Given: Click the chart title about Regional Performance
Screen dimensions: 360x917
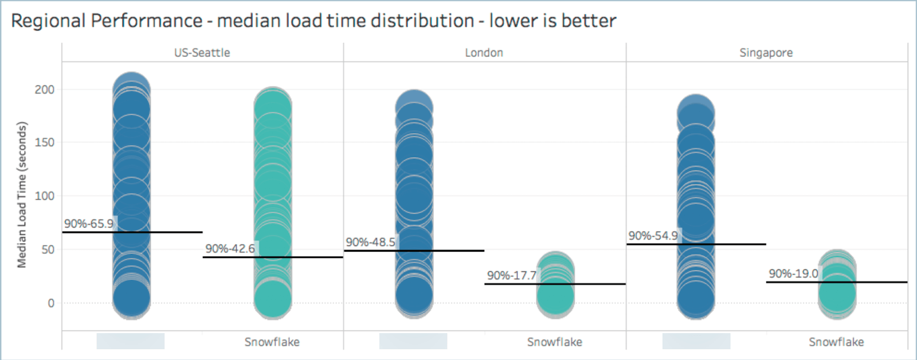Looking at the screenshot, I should point(313,21).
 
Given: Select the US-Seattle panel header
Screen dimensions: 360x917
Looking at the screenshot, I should point(202,53).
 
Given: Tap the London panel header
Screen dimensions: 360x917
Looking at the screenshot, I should point(484,53).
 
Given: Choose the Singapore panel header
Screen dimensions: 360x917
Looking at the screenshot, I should point(766,53).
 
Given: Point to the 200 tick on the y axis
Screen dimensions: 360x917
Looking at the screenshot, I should point(44,89).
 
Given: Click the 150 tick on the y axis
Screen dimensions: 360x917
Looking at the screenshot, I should point(44,142).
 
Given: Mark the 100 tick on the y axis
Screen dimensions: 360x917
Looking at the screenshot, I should point(44,196).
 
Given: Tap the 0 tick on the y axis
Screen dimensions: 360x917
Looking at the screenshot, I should point(51,303).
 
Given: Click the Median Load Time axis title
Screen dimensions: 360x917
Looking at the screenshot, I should point(22,195).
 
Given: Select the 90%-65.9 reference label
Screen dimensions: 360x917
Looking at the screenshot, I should point(89,224).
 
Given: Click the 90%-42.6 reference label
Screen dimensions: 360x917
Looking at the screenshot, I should point(230,249).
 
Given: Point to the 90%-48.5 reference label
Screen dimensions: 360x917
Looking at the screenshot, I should point(370,242).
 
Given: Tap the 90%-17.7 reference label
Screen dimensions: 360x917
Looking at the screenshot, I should point(512,276).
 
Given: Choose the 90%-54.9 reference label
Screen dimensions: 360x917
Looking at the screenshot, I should point(653,236).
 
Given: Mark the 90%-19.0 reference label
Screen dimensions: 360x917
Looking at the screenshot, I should point(793,273).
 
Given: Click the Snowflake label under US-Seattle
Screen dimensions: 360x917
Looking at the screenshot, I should point(272,342).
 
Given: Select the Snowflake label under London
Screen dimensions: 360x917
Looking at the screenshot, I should point(554,342).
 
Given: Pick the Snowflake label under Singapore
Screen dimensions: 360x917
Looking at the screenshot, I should point(836,342).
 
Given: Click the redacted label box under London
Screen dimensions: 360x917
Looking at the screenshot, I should point(413,341).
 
